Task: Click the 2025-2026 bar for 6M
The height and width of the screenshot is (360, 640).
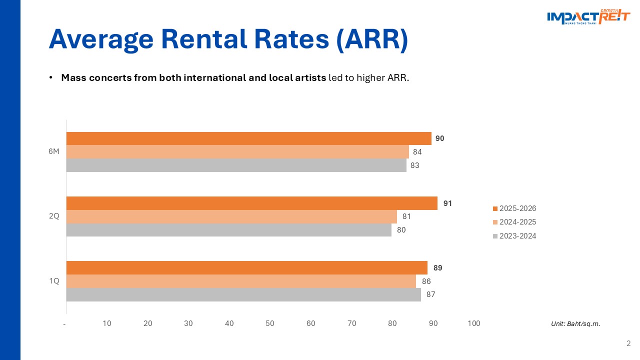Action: coord(248,138)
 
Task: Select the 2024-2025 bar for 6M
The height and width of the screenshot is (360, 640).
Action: coord(237,151)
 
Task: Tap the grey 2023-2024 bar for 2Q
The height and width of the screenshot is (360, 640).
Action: coord(228,230)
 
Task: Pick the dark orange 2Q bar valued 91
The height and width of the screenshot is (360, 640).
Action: coord(251,203)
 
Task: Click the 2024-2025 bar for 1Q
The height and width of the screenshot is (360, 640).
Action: coord(241,281)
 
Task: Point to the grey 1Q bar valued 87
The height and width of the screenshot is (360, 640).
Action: coord(243,294)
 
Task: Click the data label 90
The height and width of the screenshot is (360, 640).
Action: coord(439,138)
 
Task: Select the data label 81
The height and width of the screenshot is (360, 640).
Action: coord(406,217)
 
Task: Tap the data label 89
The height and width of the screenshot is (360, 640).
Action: coord(437,268)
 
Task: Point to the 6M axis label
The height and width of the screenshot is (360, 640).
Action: coord(54,152)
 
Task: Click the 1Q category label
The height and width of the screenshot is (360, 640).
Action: coord(54,281)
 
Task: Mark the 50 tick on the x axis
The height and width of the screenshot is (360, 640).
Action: coord(270,323)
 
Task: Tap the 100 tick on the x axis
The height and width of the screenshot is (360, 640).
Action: coord(473,323)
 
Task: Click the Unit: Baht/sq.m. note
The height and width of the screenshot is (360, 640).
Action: coord(575,324)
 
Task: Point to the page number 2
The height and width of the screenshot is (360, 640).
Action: coord(628,343)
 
